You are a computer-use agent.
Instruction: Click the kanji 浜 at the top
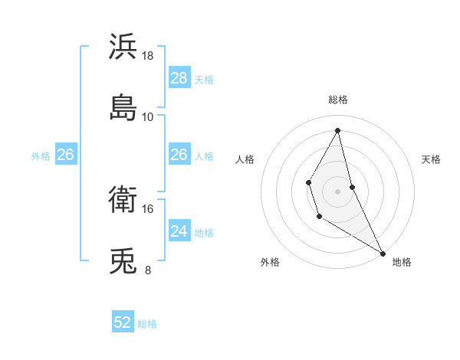123,47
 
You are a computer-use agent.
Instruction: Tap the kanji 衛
123,201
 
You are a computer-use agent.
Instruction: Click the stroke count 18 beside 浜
148,56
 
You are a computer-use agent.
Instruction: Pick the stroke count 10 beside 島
148,116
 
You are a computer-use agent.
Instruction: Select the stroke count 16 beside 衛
148,208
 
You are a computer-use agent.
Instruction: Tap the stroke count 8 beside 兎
148,270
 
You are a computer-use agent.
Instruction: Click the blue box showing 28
179,78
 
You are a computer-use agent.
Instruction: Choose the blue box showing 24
179,231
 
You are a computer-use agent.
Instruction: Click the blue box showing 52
123,322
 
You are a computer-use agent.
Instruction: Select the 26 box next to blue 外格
65,155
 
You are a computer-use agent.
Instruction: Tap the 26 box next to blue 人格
179,155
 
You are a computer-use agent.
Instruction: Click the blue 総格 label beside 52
147,324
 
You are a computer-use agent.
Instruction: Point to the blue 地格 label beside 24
204,233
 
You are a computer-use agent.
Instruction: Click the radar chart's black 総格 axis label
338,100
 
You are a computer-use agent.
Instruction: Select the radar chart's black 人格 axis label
245,159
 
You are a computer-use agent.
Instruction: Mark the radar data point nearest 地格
383,253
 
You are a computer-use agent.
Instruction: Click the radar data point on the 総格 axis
338,130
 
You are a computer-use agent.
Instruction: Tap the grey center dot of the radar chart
338,190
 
